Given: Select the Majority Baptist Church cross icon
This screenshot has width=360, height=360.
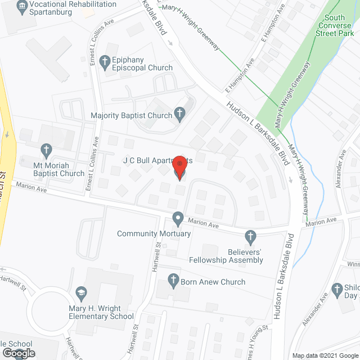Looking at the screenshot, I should (179, 115).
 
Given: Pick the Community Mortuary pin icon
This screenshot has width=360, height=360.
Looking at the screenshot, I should (178, 218).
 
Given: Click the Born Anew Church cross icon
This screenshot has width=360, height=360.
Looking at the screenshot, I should (173, 278).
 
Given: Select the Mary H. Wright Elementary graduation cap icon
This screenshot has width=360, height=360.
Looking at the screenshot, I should (80, 292).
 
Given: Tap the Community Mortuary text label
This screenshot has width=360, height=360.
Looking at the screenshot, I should (154, 233).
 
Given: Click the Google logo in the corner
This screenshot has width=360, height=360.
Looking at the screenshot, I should (19, 353).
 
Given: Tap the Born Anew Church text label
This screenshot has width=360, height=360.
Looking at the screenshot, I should (213, 282).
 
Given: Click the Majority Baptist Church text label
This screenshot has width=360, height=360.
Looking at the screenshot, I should (131, 116).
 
